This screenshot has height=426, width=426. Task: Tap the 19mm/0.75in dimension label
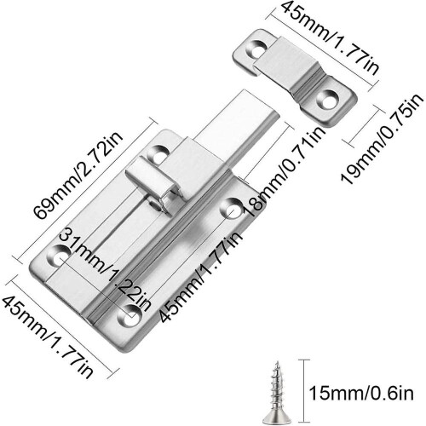click(383, 139)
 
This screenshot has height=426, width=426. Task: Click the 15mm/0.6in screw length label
click(361, 394)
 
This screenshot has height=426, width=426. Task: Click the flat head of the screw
click(276, 416)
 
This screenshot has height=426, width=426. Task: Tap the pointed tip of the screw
click(277, 362)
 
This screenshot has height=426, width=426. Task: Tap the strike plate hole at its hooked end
click(258, 49)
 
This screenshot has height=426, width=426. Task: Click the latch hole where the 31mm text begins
click(58, 255)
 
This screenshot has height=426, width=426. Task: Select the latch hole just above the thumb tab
click(158, 153)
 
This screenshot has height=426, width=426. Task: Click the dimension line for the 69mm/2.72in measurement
click(85, 190)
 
